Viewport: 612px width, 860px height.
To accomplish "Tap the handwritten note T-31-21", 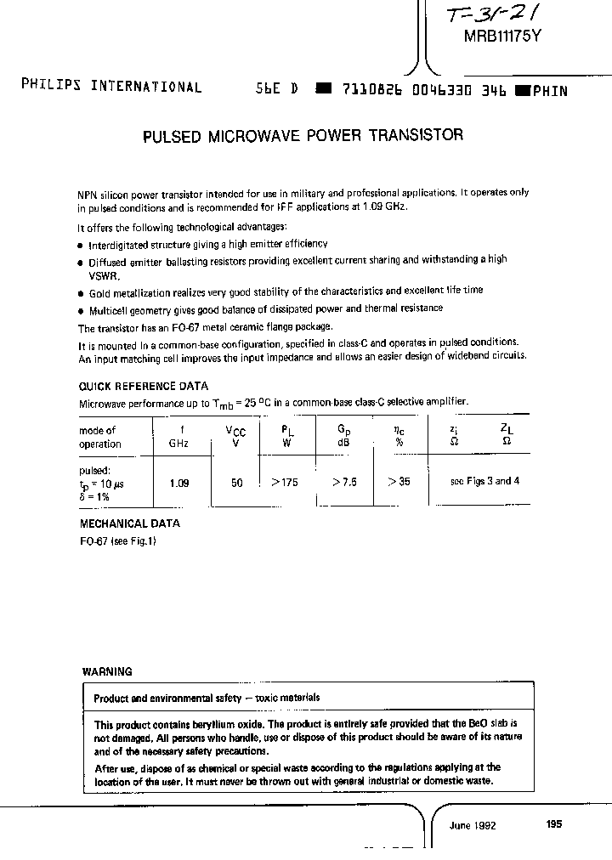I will pyautogui.click(x=491, y=13).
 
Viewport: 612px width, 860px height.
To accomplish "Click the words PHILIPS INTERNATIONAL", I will pyautogui.click(x=111, y=88).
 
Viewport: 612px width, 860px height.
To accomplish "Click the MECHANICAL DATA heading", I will pyautogui.click(x=129, y=524).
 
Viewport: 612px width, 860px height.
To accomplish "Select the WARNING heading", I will pyautogui.click(x=107, y=671).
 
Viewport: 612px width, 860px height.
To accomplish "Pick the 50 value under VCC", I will pyautogui.click(x=236, y=483).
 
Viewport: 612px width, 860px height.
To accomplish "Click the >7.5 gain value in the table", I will pyautogui.click(x=343, y=482).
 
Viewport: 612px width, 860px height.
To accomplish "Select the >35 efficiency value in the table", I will pyautogui.click(x=398, y=482).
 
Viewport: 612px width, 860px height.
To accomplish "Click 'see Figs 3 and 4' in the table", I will pyautogui.click(x=484, y=481).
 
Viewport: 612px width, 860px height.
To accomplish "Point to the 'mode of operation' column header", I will pyautogui.click(x=100, y=438).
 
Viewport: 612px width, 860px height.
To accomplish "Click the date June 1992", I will pyautogui.click(x=473, y=825).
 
